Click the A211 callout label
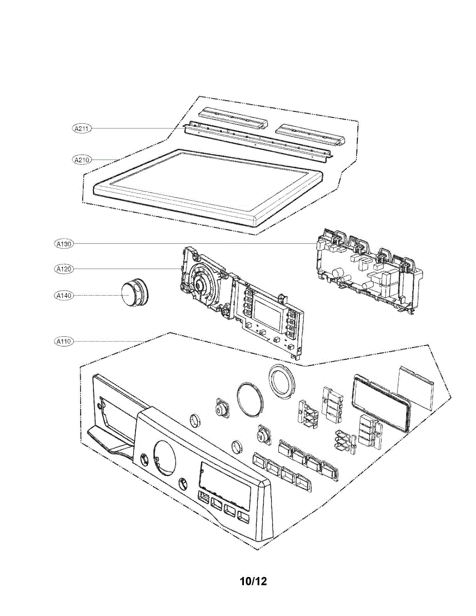[x=81, y=129]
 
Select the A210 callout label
[x=81, y=160]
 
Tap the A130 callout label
[x=64, y=244]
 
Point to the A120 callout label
[x=64, y=268]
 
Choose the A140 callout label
[x=64, y=295]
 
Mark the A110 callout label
[x=64, y=340]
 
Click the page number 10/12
[x=253, y=581]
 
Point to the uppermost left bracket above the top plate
[x=234, y=119]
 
